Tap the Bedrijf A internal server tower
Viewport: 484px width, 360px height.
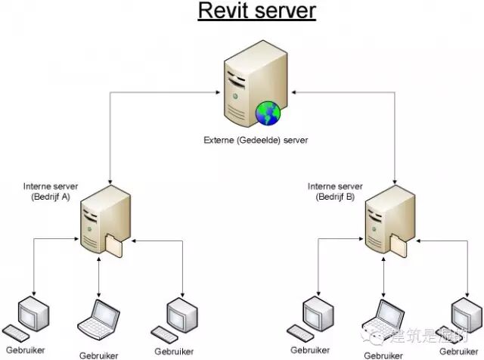pyautogui.click(x=96, y=219)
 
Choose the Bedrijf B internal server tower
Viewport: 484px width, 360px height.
pyautogui.click(x=381, y=219)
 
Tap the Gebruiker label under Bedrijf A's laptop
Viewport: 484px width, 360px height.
pyautogui.click(x=99, y=354)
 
